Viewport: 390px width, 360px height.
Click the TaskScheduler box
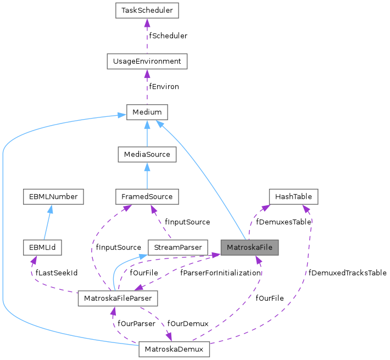[x=147, y=10]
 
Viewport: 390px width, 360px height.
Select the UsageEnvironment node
[x=147, y=61]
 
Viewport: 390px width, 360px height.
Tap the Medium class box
[x=147, y=112]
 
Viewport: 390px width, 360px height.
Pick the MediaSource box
[x=147, y=155]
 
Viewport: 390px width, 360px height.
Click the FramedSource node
[x=147, y=196]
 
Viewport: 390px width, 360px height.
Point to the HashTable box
[x=293, y=196]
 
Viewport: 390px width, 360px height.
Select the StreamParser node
[x=178, y=248]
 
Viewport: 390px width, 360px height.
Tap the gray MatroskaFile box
[x=249, y=248]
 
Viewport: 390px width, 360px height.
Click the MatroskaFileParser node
[x=118, y=299]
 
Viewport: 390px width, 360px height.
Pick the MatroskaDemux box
[x=174, y=349]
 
